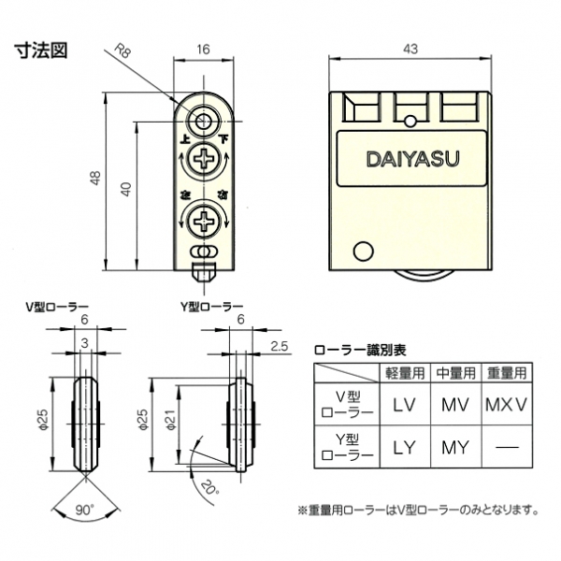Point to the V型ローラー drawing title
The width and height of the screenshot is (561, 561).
click(57, 306)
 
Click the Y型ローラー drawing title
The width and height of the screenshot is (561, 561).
click(211, 306)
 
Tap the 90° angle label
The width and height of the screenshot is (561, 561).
click(85, 511)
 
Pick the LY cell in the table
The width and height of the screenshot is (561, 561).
click(404, 446)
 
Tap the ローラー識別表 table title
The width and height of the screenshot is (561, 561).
click(360, 351)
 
